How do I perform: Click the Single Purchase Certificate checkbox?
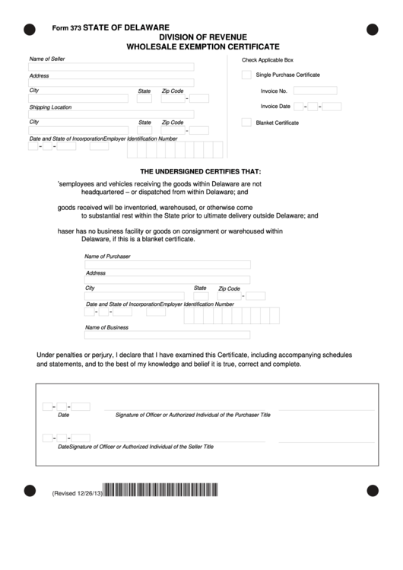coord(246,75)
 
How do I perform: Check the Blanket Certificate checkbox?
coord(246,123)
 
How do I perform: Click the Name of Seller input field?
coord(111,67)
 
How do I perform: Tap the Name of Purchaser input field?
coord(167,265)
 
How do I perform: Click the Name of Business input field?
coord(167,336)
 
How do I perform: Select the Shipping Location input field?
coord(111,115)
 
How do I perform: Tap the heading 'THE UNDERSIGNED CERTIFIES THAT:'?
coord(201,171)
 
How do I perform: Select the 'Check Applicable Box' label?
coord(267,59)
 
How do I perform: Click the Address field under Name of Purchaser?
coord(167,281)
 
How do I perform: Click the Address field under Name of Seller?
coord(111,83)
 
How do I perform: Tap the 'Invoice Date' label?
coord(275,107)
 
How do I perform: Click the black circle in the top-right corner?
coord(372,30)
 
